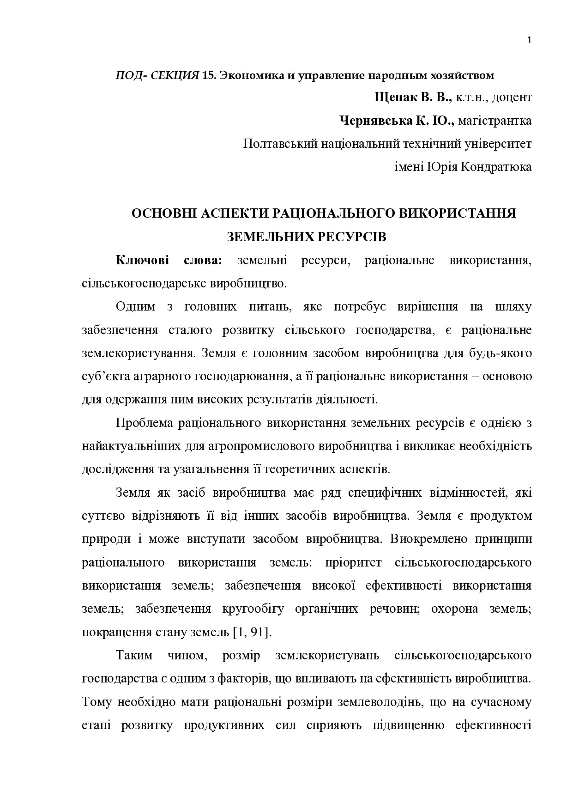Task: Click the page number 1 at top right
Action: tap(529, 40)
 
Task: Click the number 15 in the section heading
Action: tap(208, 75)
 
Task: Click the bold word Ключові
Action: tap(142, 260)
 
